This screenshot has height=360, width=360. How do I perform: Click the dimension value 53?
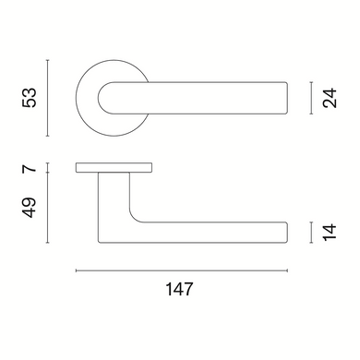click(x=30, y=98)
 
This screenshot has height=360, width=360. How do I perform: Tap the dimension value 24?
click(x=330, y=98)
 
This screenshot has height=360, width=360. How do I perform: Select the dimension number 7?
click(x=30, y=168)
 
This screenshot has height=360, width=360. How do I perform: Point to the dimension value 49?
click(x=30, y=208)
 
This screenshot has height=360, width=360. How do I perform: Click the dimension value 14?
click(x=330, y=233)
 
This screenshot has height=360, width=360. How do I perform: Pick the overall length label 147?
click(x=179, y=289)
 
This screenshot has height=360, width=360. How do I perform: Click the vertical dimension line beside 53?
click(x=47, y=98)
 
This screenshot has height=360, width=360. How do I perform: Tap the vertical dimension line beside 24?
click(x=312, y=98)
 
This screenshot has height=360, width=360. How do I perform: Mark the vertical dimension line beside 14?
click(x=312, y=233)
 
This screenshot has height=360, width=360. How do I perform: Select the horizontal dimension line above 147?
click(x=182, y=270)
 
